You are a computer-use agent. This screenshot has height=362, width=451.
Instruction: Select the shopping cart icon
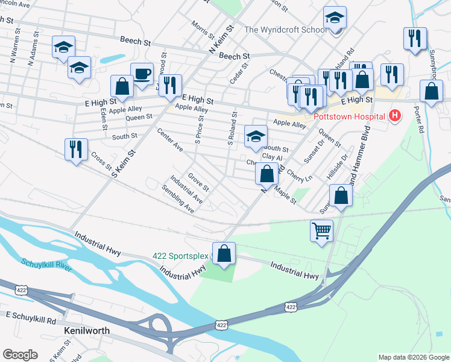[x=322, y=230]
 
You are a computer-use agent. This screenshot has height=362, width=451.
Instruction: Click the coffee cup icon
[x=142, y=74]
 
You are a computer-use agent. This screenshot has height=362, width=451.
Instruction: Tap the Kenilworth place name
[x=86, y=331]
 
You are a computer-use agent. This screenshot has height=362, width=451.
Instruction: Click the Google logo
[x=20, y=355]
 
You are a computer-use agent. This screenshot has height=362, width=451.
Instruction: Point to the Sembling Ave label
[x=178, y=199]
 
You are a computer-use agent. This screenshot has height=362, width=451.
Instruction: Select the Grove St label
[x=198, y=180]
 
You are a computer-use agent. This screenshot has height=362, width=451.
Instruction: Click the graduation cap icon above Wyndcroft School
[x=334, y=18]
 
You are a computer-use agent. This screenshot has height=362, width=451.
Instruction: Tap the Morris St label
[x=199, y=30]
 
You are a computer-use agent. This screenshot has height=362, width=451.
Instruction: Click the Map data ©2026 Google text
[x=413, y=357]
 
